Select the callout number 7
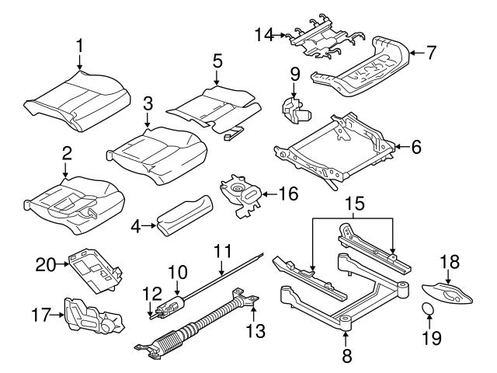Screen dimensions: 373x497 (x=430, y=53)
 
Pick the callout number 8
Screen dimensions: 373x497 (x=346, y=357)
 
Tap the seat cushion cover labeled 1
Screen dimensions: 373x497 (x=78, y=99)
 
